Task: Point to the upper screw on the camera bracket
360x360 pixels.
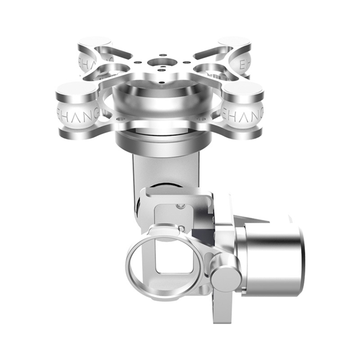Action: point(180,206)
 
